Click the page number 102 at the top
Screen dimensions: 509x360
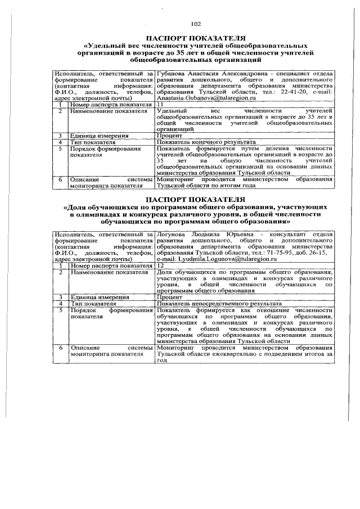coord(195,24)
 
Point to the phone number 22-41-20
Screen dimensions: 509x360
coord(280,92)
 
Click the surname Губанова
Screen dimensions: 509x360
coord(174,74)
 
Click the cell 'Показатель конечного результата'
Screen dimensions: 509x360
coord(206,142)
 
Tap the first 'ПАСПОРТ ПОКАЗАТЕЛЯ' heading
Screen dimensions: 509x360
coord(195,38)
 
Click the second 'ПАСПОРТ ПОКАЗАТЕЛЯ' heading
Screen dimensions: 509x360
coord(195,199)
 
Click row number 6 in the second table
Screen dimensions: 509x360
coord(60,348)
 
